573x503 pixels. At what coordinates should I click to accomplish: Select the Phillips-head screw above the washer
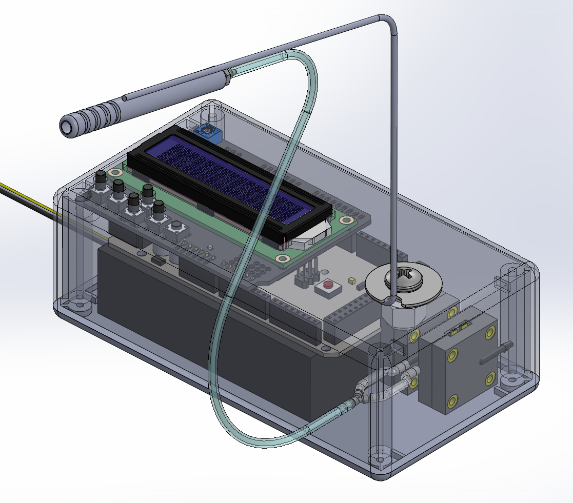point(404,278)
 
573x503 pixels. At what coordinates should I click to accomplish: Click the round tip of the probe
point(67,126)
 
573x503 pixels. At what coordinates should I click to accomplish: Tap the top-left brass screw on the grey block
point(452,313)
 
